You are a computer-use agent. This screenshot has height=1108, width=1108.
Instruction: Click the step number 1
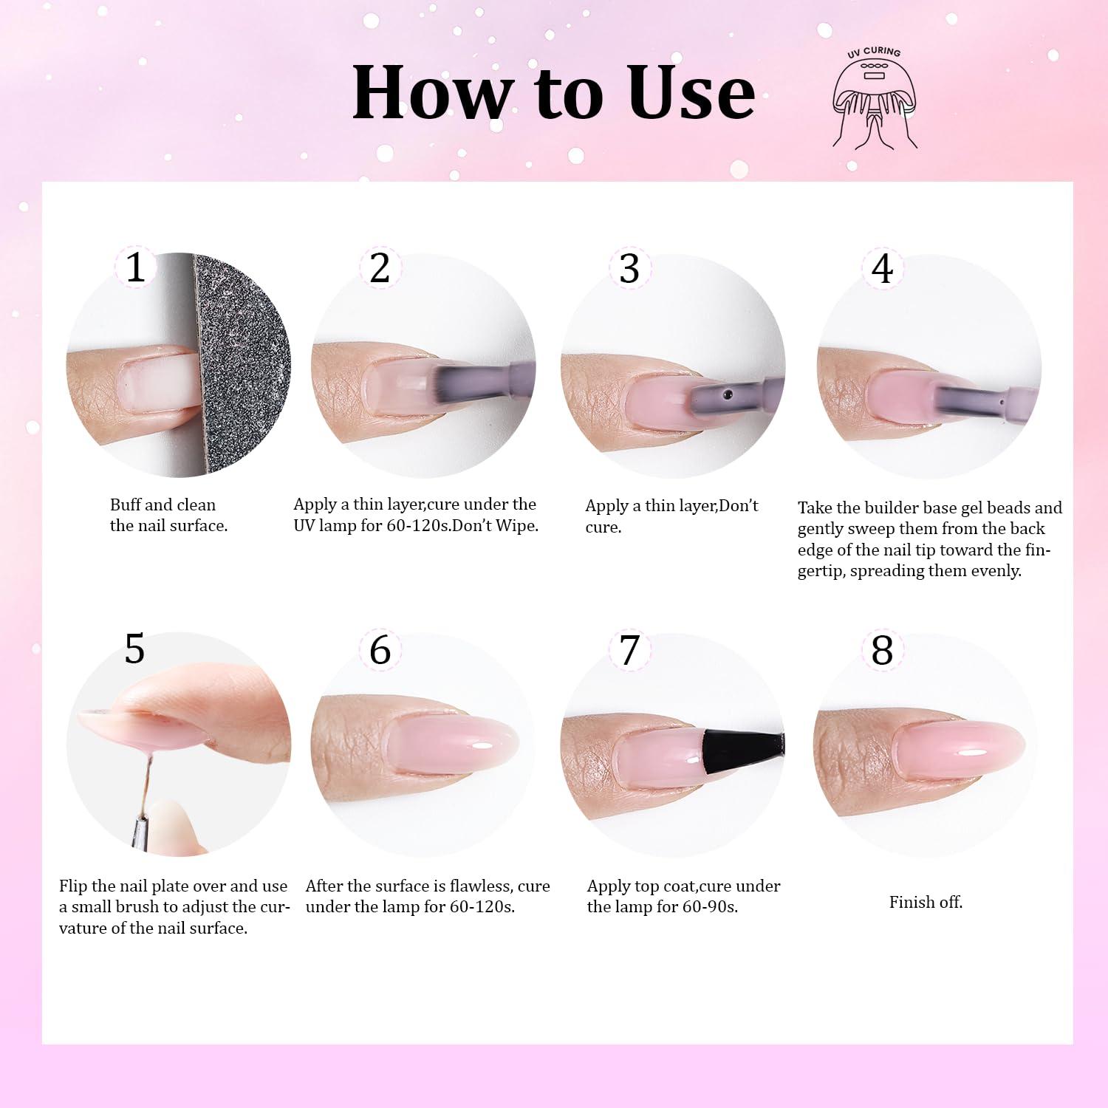tap(135, 267)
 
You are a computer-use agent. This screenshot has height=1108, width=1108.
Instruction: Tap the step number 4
tap(883, 268)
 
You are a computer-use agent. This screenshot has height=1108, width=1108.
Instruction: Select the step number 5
tap(134, 649)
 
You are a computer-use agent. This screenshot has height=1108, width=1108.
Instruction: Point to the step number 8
tap(882, 650)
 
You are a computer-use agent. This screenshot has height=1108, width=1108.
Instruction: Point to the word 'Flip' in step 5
tap(73, 887)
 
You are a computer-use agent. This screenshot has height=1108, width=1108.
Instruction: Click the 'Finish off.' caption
tap(926, 902)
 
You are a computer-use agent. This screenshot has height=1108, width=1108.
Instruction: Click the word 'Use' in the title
tap(691, 93)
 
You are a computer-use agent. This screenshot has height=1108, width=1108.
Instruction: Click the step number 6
tap(380, 650)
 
